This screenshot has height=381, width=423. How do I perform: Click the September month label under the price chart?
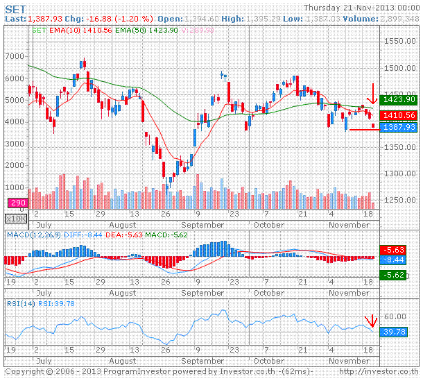[x=201, y=224]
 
